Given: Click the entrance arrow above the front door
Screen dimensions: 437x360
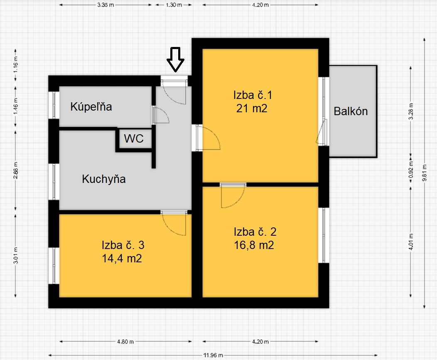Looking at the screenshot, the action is pyautogui.click(x=175, y=59).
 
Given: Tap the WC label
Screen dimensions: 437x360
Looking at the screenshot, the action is pyautogui.click(x=134, y=138).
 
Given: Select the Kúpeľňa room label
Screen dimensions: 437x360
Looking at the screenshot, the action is pyautogui.click(x=91, y=106).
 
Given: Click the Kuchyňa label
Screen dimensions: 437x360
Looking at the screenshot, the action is pyautogui.click(x=104, y=179).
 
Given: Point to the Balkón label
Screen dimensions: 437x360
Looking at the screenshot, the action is pyautogui.click(x=351, y=111).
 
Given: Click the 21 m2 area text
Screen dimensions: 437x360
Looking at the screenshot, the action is pyautogui.click(x=252, y=108).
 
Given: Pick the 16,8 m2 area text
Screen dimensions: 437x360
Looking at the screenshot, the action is pyautogui.click(x=254, y=245).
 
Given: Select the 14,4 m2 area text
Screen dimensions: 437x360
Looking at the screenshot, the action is pyautogui.click(x=122, y=259).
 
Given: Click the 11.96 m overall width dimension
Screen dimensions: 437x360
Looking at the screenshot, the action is pyautogui.click(x=213, y=355).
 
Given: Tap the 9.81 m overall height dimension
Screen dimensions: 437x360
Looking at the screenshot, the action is pyautogui.click(x=425, y=173).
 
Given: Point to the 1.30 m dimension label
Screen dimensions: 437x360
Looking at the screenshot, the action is pyautogui.click(x=174, y=5).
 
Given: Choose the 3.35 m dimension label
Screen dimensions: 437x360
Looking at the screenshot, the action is pyautogui.click(x=106, y=5).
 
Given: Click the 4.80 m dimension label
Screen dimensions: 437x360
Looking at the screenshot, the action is pyautogui.click(x=125, y=341).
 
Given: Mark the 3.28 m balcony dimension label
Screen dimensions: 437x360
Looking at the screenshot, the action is pyautogui.click(x=411, y=111).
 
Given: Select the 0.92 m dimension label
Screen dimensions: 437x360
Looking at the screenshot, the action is pyautogui.click(x=411, y=170).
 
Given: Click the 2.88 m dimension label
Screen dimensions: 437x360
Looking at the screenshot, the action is pyautogui.click(x=16, y=170).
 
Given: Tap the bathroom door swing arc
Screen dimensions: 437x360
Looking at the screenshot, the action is pyautogui.click(x=161, y=115).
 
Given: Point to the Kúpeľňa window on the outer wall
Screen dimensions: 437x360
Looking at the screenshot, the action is pyautogui.click(x=54, y=105).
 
